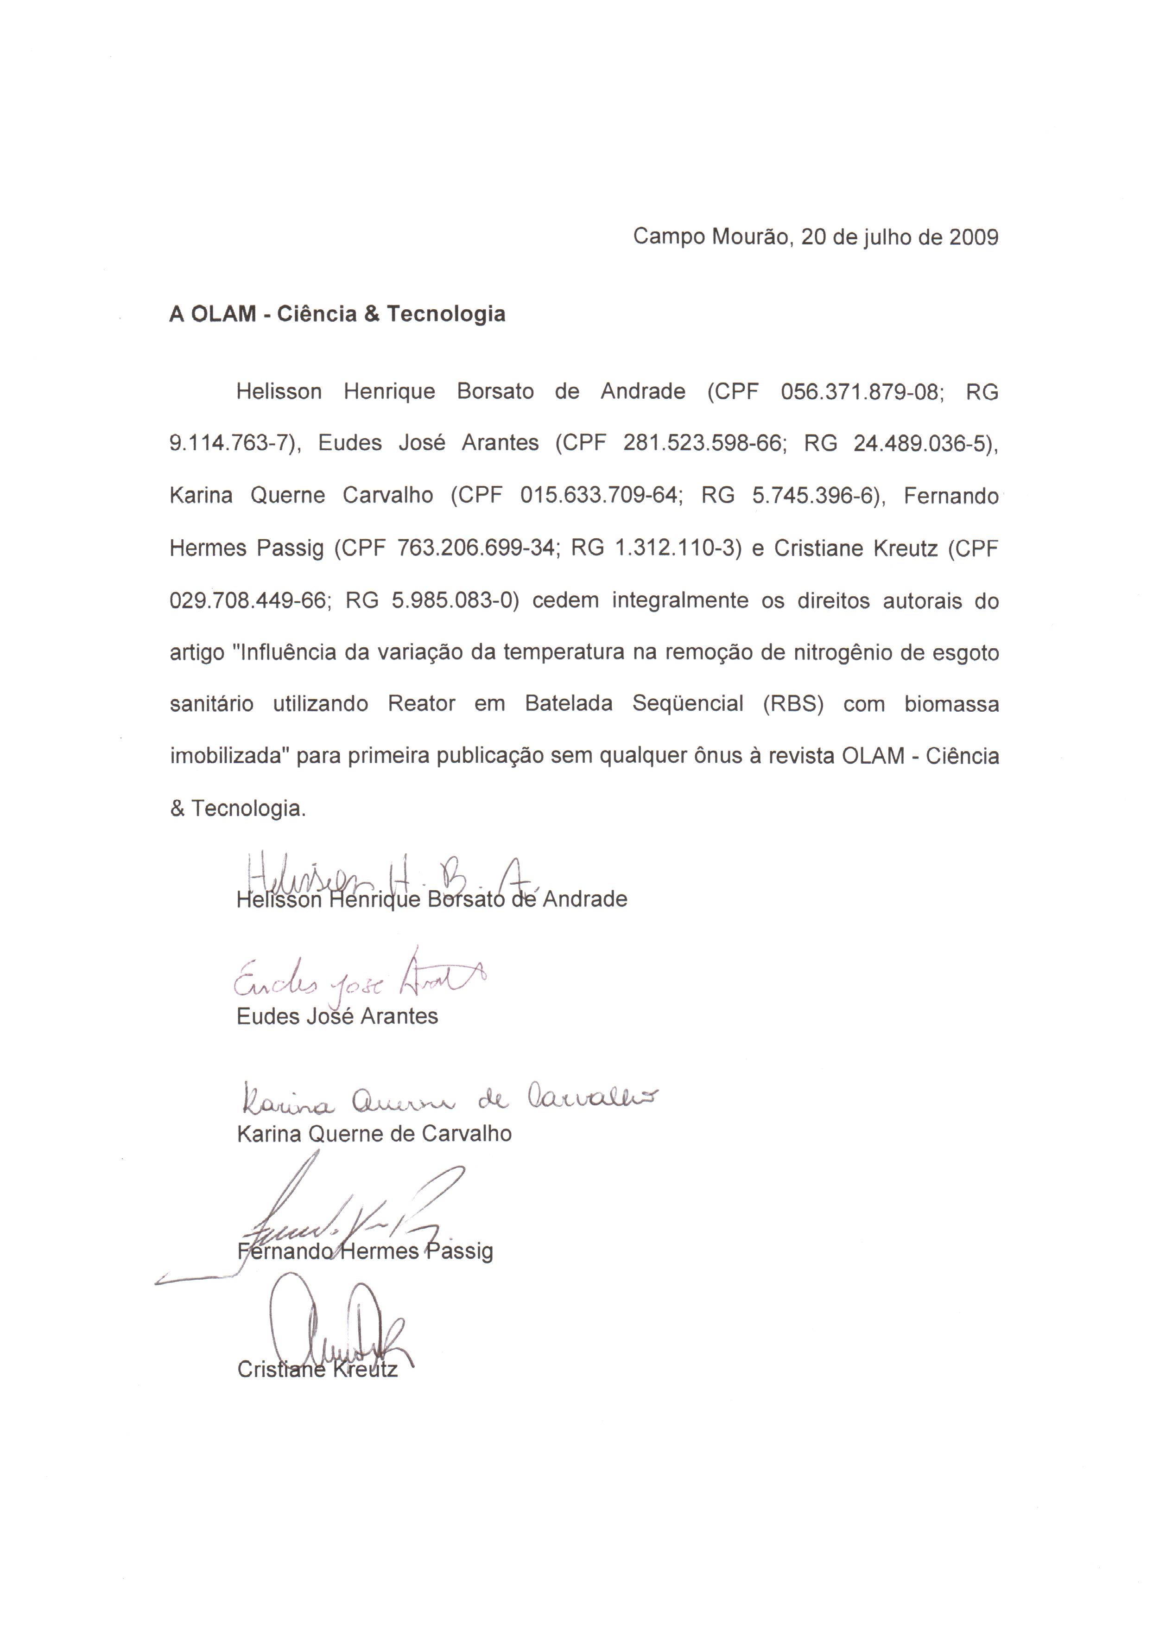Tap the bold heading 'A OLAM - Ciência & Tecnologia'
tap(337, 314)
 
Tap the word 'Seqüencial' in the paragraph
tap(688, 704)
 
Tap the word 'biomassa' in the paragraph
tap(951, 704)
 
